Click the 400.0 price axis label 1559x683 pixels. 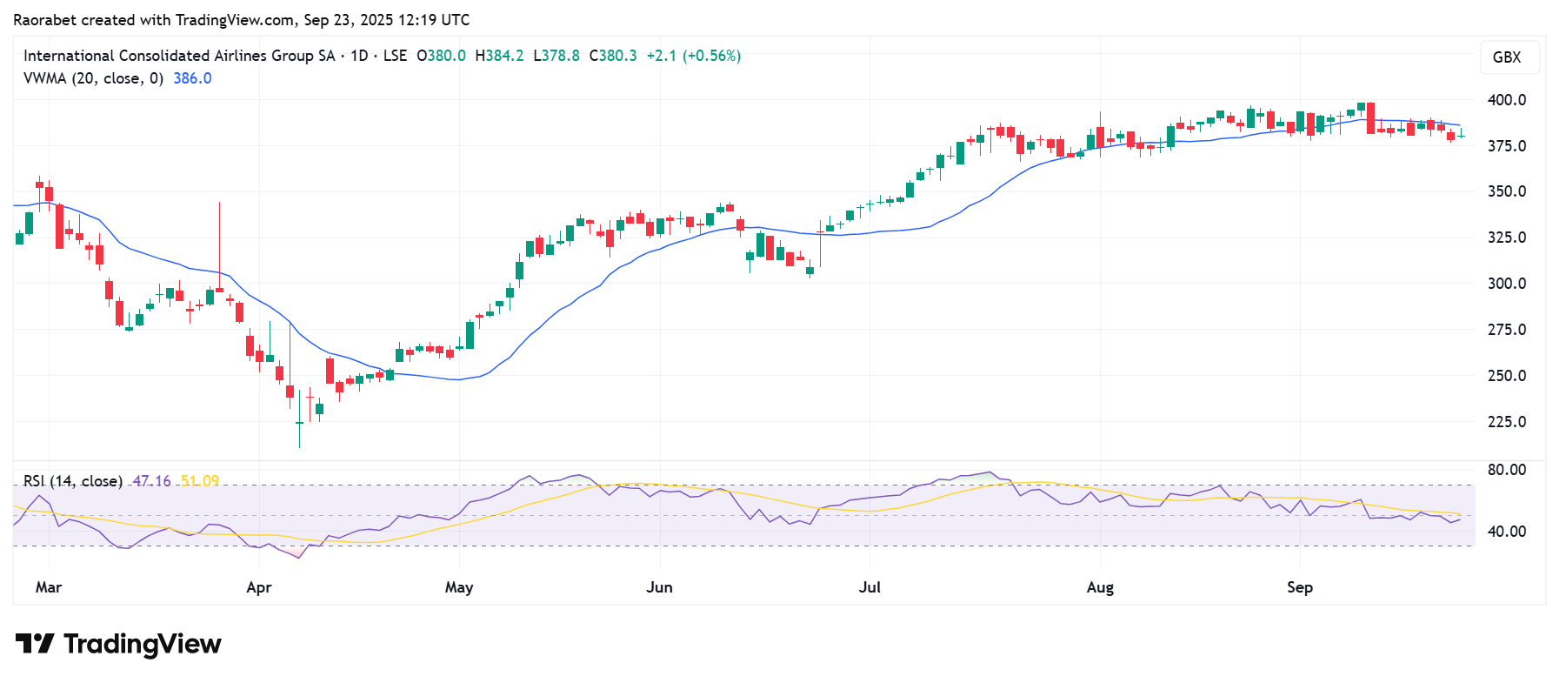pyautogui.click(x=1506, y=100)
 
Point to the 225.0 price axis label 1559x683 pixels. pyautogui.click(x=1506, y=422)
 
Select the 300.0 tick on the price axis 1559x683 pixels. pyautogui.click(x=1506, y=284)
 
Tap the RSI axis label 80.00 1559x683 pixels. pyautogui.click(x=1506, y=470)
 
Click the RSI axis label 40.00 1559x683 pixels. pyautogui.click(x=1506, y=532)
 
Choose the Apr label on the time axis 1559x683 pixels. pyautogui.click(x=259, y=587)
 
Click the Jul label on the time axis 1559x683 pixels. pyautogui.click(x=869, y=587)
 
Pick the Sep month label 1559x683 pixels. pyautogui.click(x=1300, y=587)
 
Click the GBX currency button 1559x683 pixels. pyautogui.click(x=1507, y=57)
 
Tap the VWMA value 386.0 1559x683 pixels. pyautogui.click(x=192, y=78)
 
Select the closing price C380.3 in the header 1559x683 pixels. pyautogui.click(x=613, y=56)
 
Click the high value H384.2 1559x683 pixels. pyautogui.click(x=499, y=56)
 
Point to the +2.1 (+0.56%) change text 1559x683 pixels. pyautogui.click(x=693, y=56)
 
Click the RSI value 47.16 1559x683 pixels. pyautogui.click(x=151, y=481)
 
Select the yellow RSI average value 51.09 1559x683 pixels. pyautogui.click(x=200, y=481)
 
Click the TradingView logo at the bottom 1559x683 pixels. pyautogui.click(x=119, y=644)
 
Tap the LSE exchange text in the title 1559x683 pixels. pyautogui.click(x=395, y=56)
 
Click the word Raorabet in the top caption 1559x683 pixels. pyautogui.click(x=44, y=20)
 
